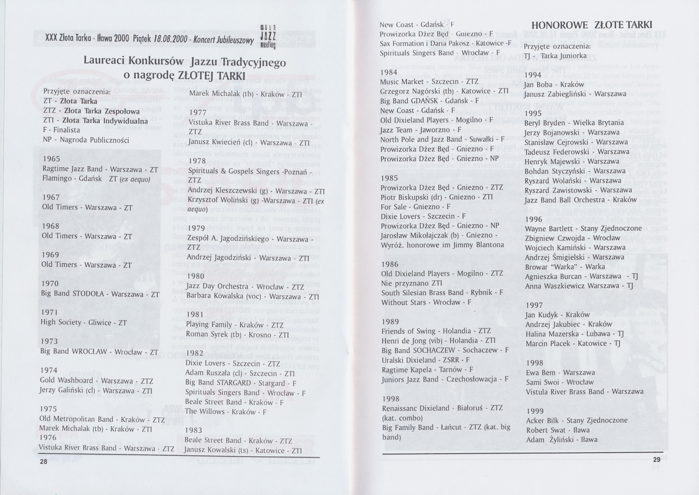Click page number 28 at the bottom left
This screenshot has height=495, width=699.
click(44, 462)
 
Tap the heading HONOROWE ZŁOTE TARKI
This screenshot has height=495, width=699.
click(592, 25)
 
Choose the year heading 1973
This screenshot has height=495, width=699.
click(49, 341)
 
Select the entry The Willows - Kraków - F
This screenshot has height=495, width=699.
click(226, 412)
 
